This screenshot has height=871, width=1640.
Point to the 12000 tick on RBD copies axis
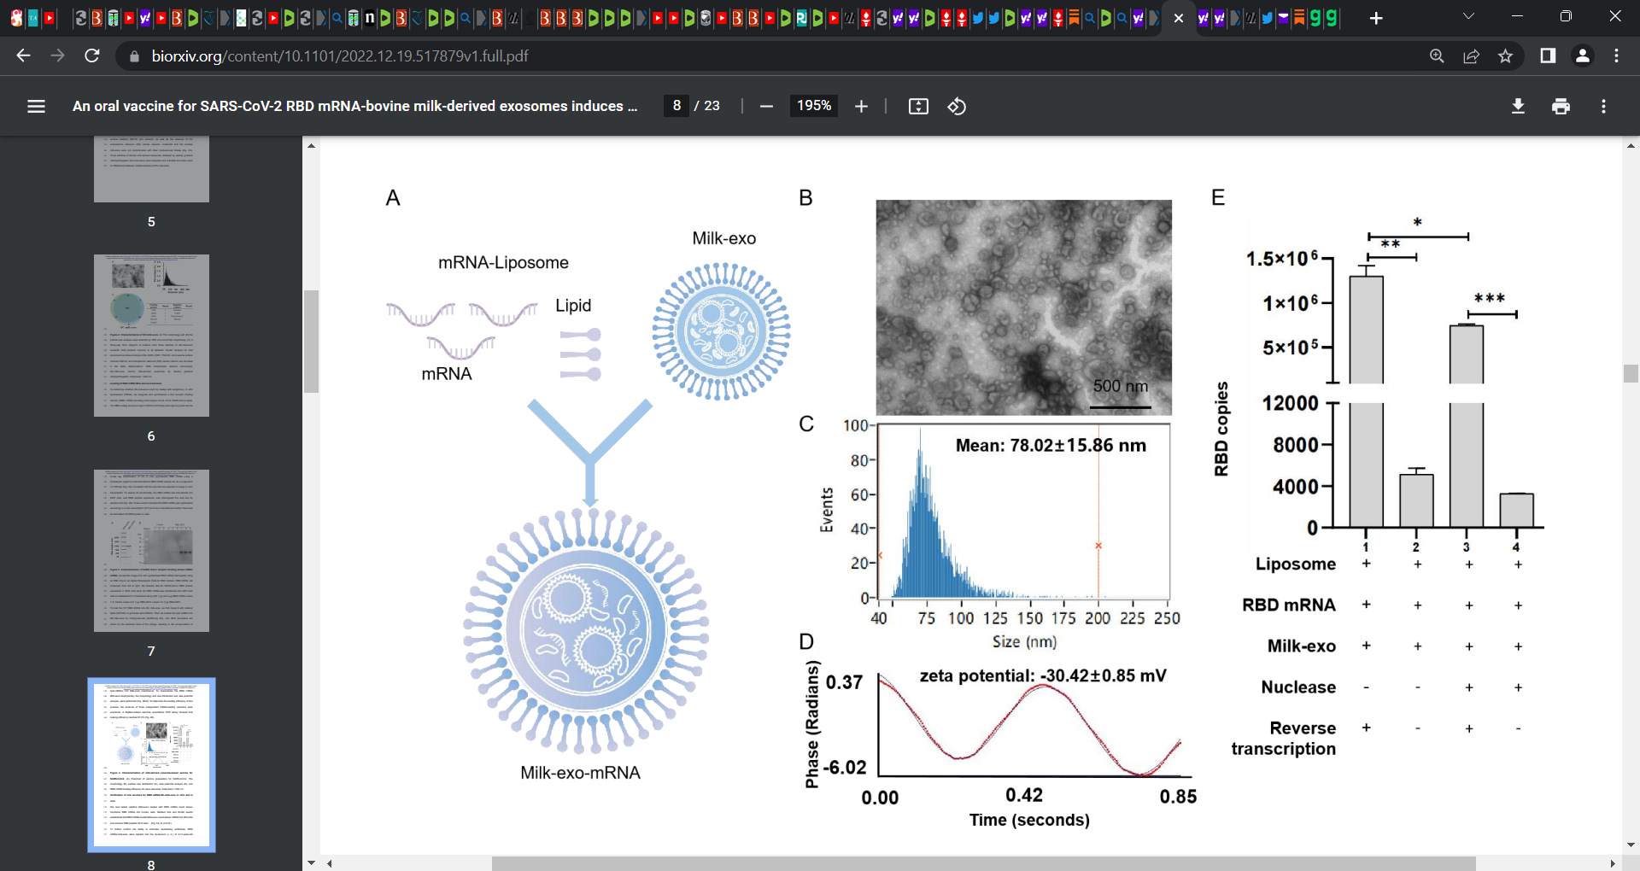click(x=1291, y=403)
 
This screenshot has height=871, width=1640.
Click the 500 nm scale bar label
click(x=1121, y=386)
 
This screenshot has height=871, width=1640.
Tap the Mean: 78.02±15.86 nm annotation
click(x=1051, y=445)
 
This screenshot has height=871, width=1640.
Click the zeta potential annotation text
click(x=1042, y=675)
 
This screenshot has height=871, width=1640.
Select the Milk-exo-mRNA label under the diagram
click(x=580, y=773)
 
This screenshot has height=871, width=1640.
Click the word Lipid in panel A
click(x=573, y=306)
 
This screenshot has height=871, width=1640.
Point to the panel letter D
click(x=806, y=641)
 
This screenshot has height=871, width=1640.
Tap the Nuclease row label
click(x=1298, y=687)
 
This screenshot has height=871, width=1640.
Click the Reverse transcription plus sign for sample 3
click(x=1468, y=728)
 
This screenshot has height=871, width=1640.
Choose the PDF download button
click(x=1518, y=106)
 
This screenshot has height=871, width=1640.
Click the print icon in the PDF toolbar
click(x=1561, y=106)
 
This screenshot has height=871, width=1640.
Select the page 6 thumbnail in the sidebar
click(x=151, y=336)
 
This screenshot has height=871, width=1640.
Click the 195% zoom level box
click(x=813, y=106)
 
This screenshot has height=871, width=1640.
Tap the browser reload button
click(x=92, y=56)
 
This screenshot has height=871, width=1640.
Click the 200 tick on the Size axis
click(x=1098, y=617)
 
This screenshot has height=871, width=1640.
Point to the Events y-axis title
click(x=827, y=511)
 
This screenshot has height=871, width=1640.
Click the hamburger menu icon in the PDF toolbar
click(x=36, y=106)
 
